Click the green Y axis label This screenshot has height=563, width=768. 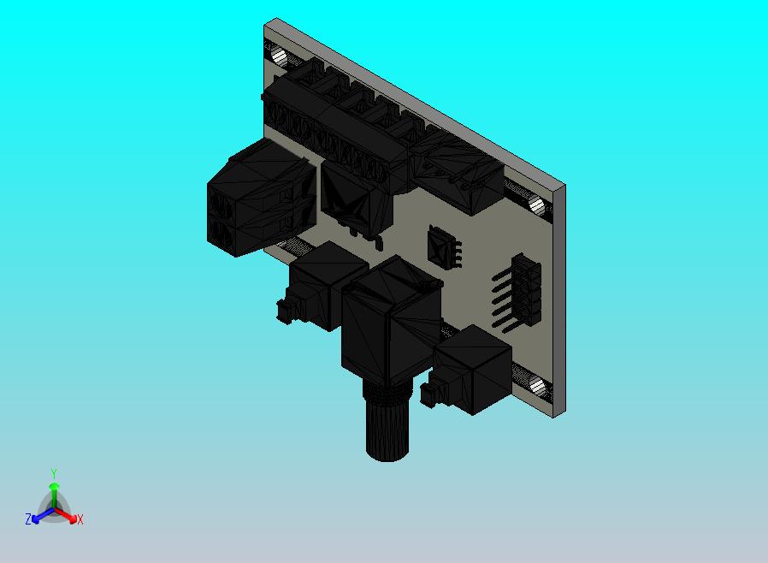pos(54,473)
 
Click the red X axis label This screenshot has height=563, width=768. pos(80,519)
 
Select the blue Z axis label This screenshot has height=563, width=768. pos(28,519)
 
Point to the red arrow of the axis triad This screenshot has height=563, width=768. pos(68,516)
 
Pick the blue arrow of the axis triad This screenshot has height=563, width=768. pos(39,516)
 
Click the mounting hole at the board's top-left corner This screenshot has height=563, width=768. pos(280,56)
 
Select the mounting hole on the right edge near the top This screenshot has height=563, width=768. pos(537,205)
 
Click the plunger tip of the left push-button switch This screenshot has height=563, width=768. pos(281,310)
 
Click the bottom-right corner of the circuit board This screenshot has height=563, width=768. pos(557,414)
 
